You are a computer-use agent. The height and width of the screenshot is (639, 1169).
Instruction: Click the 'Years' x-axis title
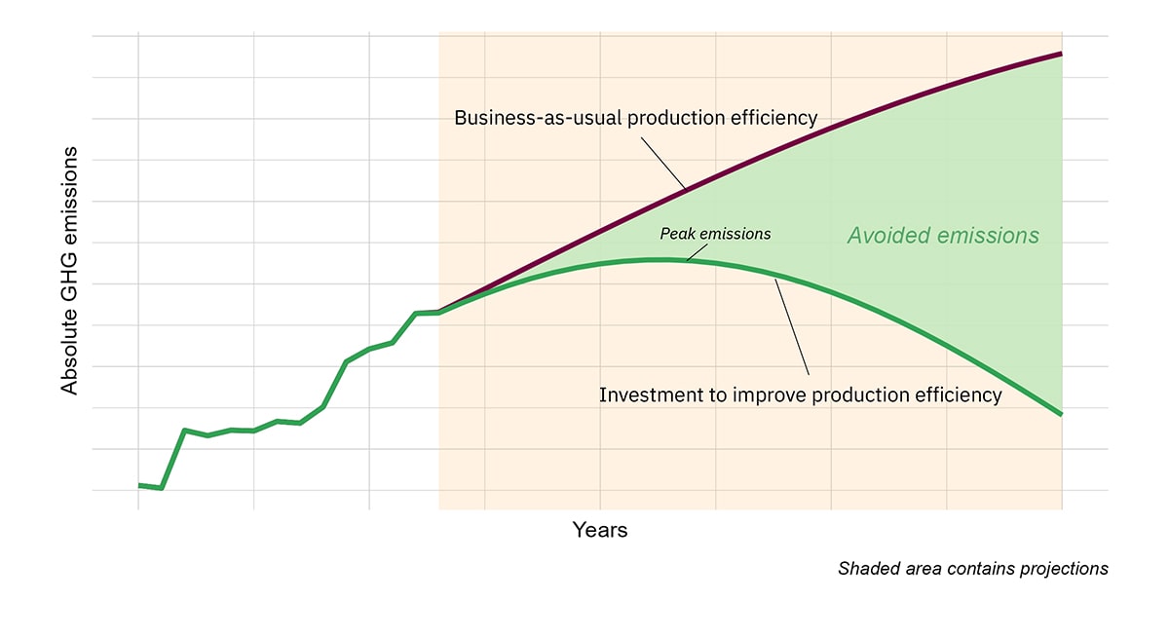tap(600, 531)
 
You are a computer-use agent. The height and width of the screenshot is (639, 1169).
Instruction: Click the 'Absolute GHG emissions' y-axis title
tap(69, 271)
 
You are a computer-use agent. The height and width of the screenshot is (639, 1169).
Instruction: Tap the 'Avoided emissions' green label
tap(943, 236)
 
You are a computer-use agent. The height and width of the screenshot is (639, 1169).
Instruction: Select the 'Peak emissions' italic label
tap(715, 234)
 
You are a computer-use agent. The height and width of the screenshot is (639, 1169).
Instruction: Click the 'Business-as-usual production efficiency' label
tap(635, 118)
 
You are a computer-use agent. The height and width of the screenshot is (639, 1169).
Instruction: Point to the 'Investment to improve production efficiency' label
tap(800, 395)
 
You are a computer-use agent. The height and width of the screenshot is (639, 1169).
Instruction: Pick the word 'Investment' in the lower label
tap(648, 395)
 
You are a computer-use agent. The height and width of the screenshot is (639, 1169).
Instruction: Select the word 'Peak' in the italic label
tap(678, 234)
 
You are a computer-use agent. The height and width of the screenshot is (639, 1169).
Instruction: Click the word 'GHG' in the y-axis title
tap(69, 260)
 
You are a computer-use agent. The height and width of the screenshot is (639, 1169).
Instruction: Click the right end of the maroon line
tap(1061, 54)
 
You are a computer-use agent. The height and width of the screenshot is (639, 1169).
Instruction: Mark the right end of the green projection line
tap(1061, 414)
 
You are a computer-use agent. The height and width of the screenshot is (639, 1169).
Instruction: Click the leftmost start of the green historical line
tap(139, 484)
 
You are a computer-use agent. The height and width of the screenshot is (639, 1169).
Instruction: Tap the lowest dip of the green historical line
tap(162, 488)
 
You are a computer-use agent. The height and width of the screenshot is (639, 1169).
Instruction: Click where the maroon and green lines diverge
tap(440, 312)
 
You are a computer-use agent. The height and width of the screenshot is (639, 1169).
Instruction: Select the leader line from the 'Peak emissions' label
tap(697, 251)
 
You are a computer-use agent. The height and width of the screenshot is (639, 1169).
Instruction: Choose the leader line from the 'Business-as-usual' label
tap(663, 163)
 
